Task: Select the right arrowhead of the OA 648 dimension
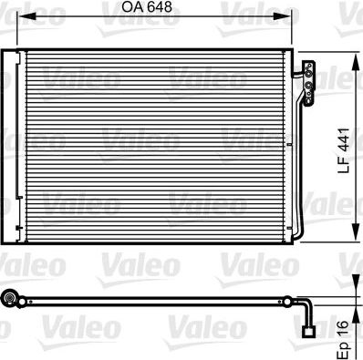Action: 294,19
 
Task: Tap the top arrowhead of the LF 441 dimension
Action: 353,59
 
